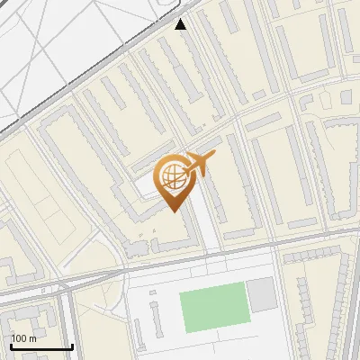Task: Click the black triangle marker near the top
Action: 182,24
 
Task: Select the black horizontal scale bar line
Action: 40,346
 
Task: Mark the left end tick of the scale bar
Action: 10,344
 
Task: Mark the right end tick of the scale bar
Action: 71,344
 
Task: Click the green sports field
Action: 213,307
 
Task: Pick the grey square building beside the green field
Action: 261,295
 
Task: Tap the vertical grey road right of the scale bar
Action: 71,315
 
